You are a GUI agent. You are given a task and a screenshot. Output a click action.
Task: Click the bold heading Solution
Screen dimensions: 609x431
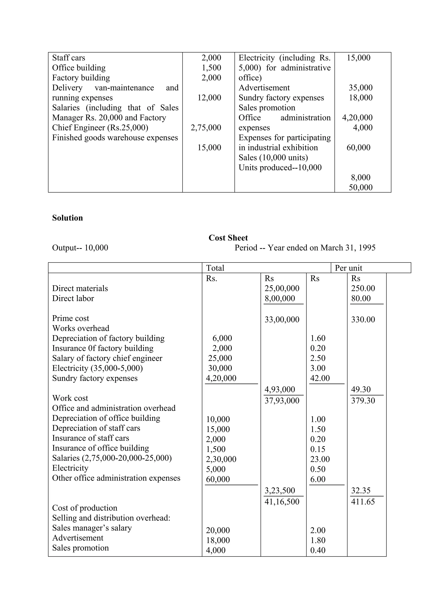coord(68,218)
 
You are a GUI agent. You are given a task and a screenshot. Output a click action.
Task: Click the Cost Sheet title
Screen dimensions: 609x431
coord(228,238)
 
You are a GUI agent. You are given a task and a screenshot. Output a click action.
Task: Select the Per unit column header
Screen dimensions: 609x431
coord(349,268)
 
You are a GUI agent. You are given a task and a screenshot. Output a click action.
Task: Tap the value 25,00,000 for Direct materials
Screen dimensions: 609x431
coord(282,288)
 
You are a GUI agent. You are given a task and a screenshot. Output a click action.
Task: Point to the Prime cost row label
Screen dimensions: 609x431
coord(71,318)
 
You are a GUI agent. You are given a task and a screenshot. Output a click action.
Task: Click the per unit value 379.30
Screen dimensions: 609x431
coord(363,401)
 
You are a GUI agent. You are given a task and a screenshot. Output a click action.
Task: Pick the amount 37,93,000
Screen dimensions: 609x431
coord(282,401)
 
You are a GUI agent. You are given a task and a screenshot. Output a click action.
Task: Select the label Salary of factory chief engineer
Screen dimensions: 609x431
coord(107,358)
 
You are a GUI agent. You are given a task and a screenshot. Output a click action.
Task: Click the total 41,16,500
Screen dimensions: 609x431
coord(282,502)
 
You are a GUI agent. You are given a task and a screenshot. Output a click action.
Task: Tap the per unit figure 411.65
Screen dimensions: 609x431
coord(363,502)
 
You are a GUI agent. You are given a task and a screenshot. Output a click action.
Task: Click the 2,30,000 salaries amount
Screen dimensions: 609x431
coord(221,459)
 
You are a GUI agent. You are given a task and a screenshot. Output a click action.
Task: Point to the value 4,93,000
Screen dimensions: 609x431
coord(280,389)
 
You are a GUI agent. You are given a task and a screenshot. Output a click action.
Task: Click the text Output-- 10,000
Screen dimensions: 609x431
coord(80,248)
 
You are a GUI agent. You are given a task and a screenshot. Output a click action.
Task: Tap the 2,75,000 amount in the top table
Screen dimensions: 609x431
coord(206,128)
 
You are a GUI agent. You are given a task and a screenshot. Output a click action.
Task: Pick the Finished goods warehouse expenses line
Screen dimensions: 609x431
coord(115,138)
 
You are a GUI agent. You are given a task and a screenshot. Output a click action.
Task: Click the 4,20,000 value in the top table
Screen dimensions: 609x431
coord(357,117)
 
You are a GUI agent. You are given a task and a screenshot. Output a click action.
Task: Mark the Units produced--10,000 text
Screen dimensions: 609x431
coord(280,168)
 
